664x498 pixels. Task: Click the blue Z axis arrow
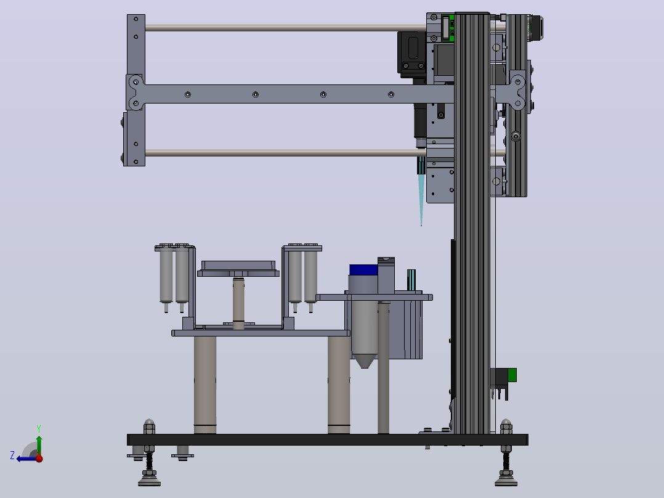(25, 459)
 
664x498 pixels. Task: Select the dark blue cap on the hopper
(363, 270)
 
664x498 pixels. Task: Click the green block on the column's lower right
(511, 375)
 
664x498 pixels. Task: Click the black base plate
(327, 439)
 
